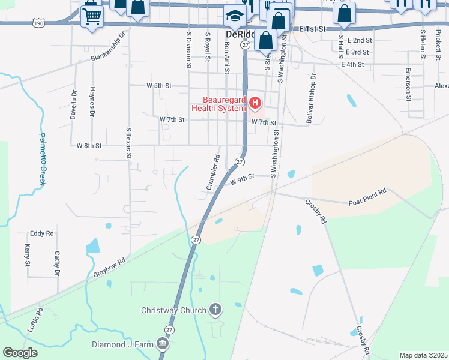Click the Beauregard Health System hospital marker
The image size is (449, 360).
256,104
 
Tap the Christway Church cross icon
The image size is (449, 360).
215,310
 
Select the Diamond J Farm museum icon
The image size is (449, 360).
162,344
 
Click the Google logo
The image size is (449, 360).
20,353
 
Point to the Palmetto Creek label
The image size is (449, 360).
43,158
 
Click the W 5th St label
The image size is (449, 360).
159,86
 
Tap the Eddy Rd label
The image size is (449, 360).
42,233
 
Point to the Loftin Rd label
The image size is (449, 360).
34,320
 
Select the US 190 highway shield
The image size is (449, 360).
38,22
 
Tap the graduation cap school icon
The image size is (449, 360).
234,16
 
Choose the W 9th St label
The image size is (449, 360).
244,176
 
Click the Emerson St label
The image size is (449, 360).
408,85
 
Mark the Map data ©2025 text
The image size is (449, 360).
424,355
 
